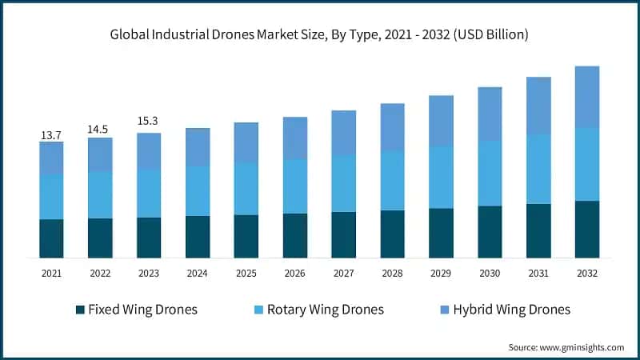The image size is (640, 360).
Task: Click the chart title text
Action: (x=320, y=35)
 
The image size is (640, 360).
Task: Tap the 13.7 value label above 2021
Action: (x=51, y=136)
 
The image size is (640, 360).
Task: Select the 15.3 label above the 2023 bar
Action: (x=149, y=121)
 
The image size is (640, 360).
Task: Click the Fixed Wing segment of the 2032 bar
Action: (x=587, y=229)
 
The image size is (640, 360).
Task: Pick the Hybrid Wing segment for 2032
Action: (x=587, y=97)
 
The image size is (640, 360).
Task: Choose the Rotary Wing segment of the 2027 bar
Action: (x=344, y=183)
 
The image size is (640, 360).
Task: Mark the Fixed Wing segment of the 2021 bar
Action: (x=51, y=238)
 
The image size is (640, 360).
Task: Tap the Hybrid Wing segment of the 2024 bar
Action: (x=198, y=147)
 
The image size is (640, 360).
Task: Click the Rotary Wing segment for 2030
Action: (x=490, y=173)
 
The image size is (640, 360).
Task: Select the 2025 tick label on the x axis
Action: (x=246, y=274)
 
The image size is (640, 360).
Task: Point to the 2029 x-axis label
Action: (x=441, y=274)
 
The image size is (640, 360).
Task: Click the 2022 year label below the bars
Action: (x=100, y=274)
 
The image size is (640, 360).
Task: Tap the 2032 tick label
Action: (x=587, y=274)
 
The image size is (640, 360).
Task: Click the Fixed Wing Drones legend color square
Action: (x=79, y=310)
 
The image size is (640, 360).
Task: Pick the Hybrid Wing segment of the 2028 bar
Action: (x=393, y=127)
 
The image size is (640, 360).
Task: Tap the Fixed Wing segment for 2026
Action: (x=295, y=235)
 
